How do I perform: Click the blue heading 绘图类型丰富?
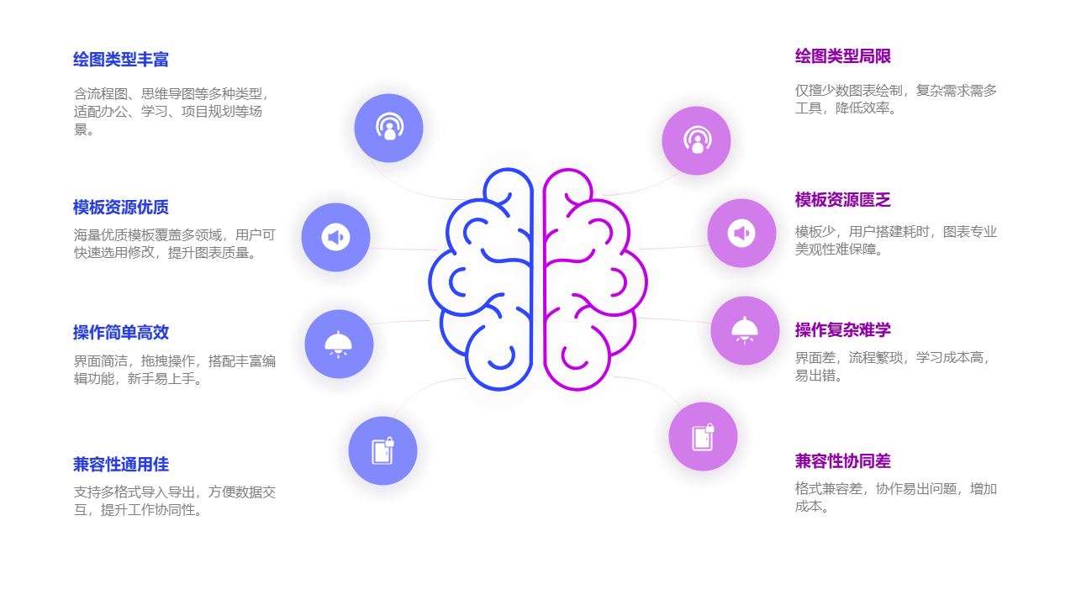tap(121, 60)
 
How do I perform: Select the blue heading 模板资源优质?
tap(121, 208)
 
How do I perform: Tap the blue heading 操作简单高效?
tap(121, 333)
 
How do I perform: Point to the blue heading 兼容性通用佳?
tap(121, 465)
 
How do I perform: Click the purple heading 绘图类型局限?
tap(842, 56)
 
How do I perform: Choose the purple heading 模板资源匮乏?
tap(842, 200)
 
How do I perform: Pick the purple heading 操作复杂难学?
tap(842, 330)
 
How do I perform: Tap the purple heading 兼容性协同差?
tap(842, 461)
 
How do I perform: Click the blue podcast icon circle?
tap(388, 129)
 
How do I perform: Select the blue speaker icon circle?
tap(335, 238)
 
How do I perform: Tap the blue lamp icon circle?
tap(339, 345)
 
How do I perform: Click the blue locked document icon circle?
tap(382, 451)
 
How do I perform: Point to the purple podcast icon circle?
tap(696, 140)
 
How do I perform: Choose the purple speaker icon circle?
tap(741, 234)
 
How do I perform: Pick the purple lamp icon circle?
tap(745, 331)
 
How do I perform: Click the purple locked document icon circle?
tap(703, 437)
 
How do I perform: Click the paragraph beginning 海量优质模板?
tap(174, 244)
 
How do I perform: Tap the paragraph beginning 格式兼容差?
tap(896, 497)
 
